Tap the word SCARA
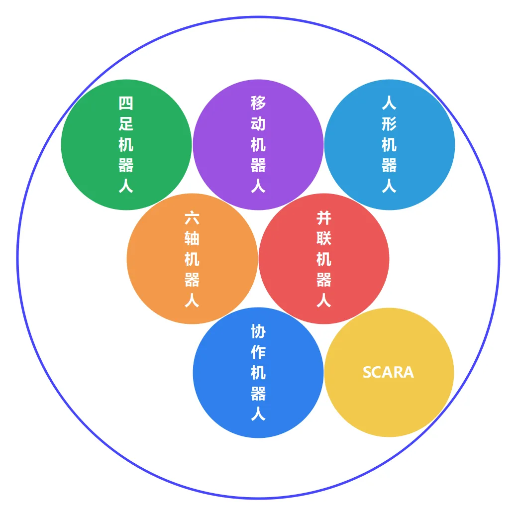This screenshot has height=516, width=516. coord(388,372)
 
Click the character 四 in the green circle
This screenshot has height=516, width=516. coord(126,103)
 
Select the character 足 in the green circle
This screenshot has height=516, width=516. coord(126,124)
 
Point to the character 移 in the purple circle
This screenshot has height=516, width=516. coord(258,103)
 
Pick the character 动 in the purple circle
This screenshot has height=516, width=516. coord(258,124)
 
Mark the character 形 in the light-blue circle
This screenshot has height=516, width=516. coord(389,124)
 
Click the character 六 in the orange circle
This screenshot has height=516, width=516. coord(192,217)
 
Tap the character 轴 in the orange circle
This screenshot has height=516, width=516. coord(192,238)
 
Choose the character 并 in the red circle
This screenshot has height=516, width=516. coord(324,217)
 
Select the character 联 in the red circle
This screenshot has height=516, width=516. coord(324,238)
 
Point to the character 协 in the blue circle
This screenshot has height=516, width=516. coord(258,331)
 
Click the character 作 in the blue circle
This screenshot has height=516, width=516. coord(258,352)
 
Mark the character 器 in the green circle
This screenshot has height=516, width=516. coord(126,166)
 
